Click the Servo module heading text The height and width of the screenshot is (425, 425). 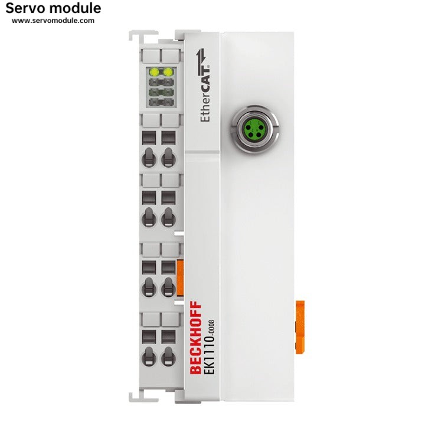53,8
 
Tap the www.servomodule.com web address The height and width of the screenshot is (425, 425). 53,21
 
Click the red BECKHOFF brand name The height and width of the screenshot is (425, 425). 196,338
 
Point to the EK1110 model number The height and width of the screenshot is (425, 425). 209,355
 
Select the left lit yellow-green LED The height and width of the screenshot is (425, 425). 154,72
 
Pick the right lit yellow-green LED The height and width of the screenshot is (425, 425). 168,72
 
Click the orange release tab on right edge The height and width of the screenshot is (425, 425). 300,327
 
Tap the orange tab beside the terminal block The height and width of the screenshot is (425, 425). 180,277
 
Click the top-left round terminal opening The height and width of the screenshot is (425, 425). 149,158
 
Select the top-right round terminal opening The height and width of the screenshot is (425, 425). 168,158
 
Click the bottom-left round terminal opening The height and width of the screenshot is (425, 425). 149,356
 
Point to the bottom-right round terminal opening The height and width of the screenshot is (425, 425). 168,356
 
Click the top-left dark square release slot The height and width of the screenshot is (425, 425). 149,138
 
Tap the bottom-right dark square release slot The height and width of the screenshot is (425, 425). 168,336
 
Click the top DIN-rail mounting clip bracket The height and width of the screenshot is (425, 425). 143,36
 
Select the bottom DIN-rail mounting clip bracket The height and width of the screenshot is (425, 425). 143,396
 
